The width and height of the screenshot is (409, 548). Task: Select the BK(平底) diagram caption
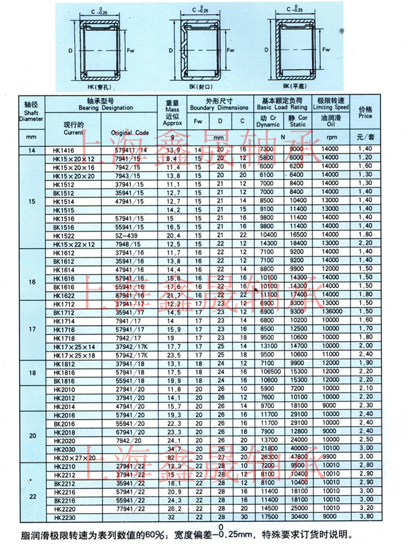(x=295, y=86)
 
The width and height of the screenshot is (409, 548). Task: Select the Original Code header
(x=129, y=133)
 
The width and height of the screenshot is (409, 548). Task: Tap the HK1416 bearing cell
(x=63, y=149)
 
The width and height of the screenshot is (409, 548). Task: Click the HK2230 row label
(x=63, y=516)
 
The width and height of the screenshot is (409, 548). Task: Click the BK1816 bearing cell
(x=63, y=379)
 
